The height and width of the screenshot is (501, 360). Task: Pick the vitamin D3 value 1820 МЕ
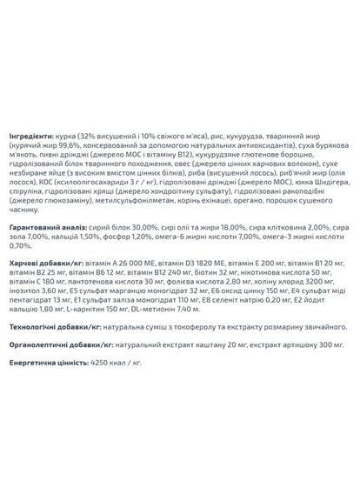tap(217, 263)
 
